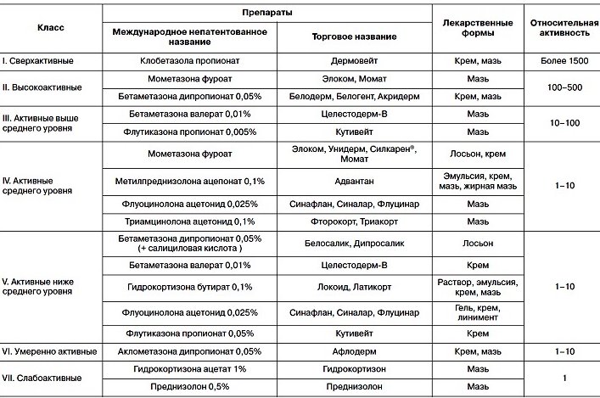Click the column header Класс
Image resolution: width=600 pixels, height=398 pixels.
[x=51, y=27]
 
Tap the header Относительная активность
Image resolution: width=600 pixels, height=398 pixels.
[x=561, y=27]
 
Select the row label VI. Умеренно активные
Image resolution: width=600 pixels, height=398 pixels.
[x=49, y=350]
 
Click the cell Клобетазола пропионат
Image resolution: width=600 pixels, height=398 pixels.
[x=189, y=62]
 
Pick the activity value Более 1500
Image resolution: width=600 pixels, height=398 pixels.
[x=561, y=62]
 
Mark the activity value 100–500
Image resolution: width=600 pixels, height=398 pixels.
[x=561, y=88]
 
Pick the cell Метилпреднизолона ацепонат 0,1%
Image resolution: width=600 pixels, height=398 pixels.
[x=189, y=182]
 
